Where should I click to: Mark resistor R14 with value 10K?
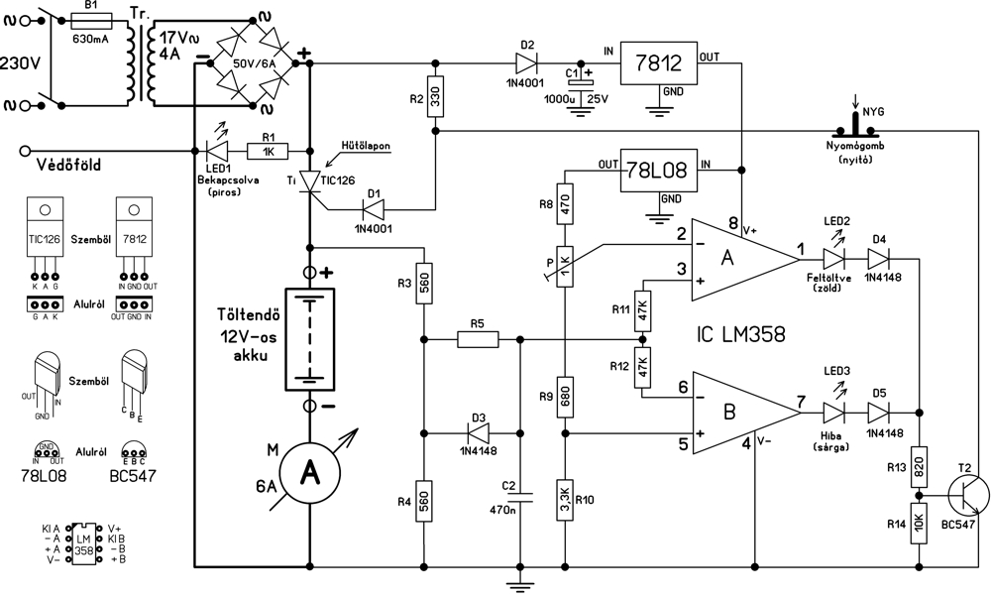tap(919, 521)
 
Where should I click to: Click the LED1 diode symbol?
tap(217, 151)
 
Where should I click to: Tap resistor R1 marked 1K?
tap(267, 151)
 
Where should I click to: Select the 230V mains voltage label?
tap(19, 61)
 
